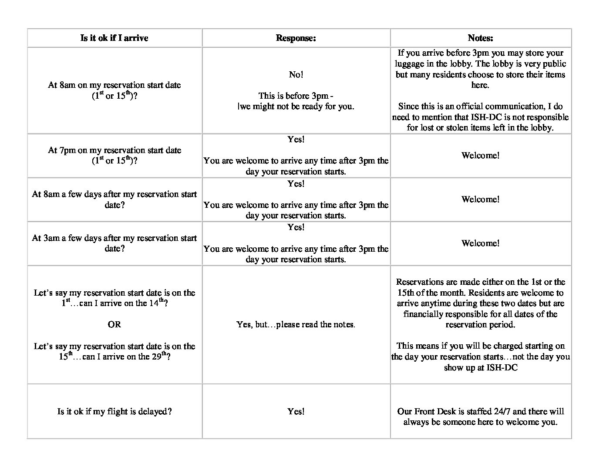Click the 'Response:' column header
pos(296,38)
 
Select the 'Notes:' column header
pos(480,38)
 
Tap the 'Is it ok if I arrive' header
pos(114,38)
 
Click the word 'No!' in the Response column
pos(296,75)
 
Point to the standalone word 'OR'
pos(114,325)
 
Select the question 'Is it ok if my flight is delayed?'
pos(114,411)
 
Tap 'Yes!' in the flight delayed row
pos(296,411)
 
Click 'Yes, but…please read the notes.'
pos(296,325)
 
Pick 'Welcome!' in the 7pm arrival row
pos(480,156)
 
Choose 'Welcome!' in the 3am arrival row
pos(480,243)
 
